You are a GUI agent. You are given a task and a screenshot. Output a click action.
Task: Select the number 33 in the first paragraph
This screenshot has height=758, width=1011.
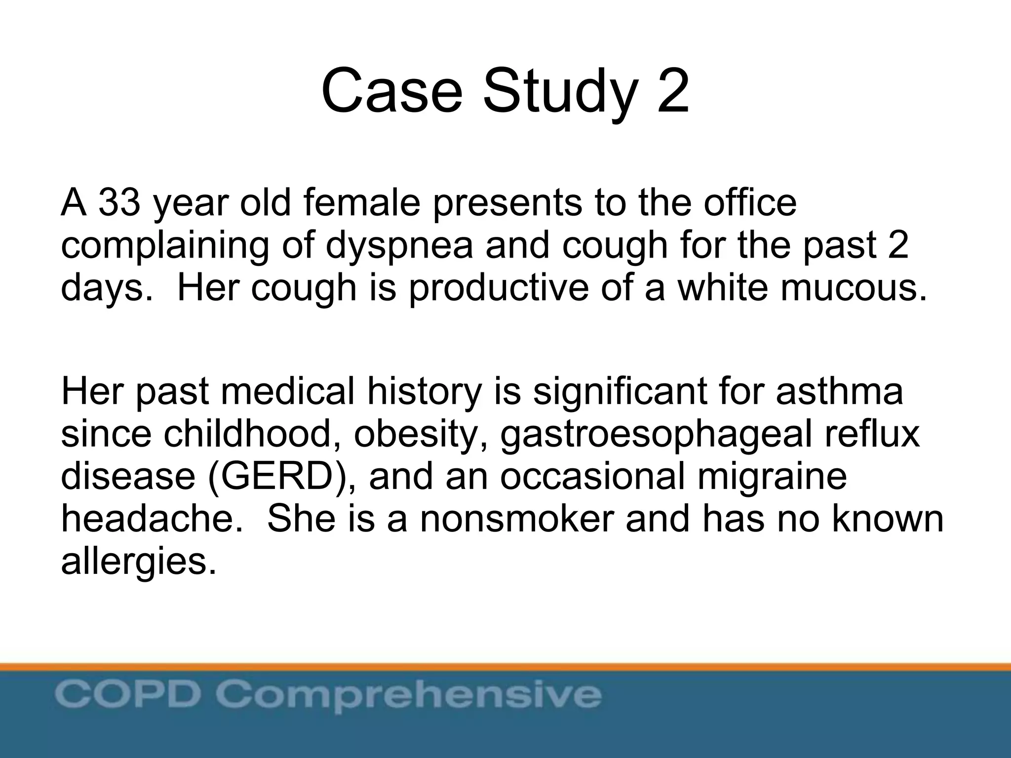coord(119,203)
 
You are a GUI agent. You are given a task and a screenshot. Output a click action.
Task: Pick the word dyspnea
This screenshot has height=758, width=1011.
coord(399,245)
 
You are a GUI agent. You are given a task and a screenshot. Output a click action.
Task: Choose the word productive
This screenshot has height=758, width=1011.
coord(499,288)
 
